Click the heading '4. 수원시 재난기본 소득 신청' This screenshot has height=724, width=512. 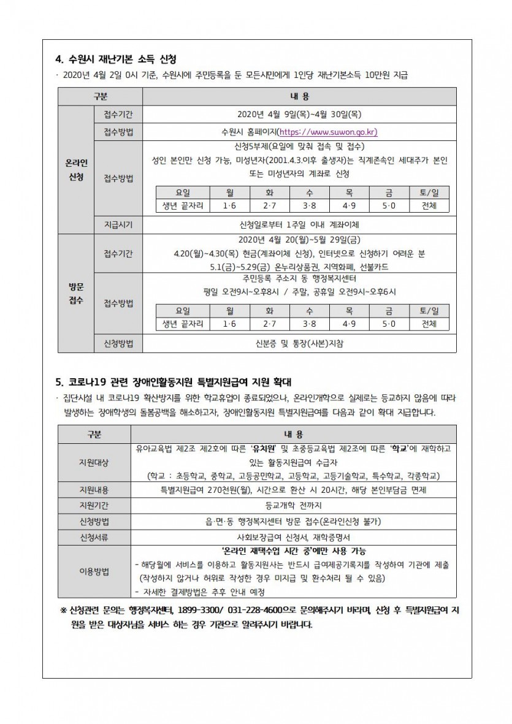pos(115,59)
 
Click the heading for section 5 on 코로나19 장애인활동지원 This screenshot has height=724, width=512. pos(175,381)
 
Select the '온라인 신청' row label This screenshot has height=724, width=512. pos(76,170)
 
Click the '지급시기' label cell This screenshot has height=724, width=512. pos(118,224)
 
